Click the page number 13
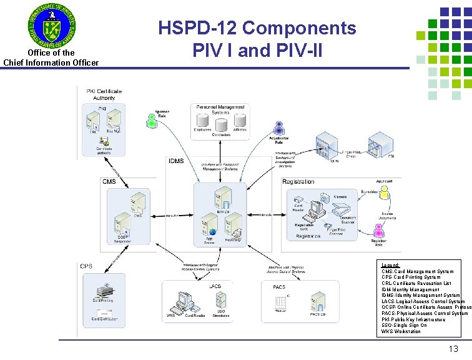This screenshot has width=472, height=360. (453, 349)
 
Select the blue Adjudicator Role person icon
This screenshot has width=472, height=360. (279, 128)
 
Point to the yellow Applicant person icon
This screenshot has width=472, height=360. (385, 194)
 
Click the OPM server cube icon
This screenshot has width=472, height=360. (327, 148)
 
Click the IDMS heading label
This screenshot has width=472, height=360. (176, 161)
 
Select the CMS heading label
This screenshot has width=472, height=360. (109, 181)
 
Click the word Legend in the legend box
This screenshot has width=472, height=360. (391, 266)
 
